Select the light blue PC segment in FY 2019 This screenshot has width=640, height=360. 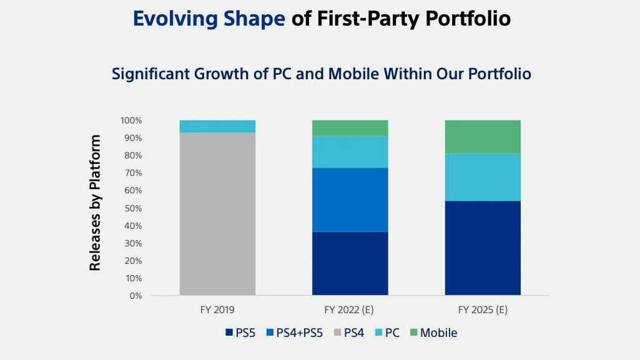tap(217, 126)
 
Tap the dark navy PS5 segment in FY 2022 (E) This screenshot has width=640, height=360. tap(350, 263)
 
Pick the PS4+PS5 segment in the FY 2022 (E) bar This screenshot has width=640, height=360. tap(350, 200)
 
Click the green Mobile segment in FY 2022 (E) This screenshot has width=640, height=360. tap(350, 128)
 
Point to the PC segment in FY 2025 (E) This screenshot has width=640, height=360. tap(483, 177)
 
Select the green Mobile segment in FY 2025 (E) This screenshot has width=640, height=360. tap(483, 137)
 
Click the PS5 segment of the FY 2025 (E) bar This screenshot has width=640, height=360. tap(483, 248)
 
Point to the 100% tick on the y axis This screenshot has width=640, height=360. tap(131, 120)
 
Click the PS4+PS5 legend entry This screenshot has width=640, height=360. tap(295, 333)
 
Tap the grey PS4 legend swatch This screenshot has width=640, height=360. tap(337, 333)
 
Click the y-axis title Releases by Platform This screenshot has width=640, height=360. tap(95, 203)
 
